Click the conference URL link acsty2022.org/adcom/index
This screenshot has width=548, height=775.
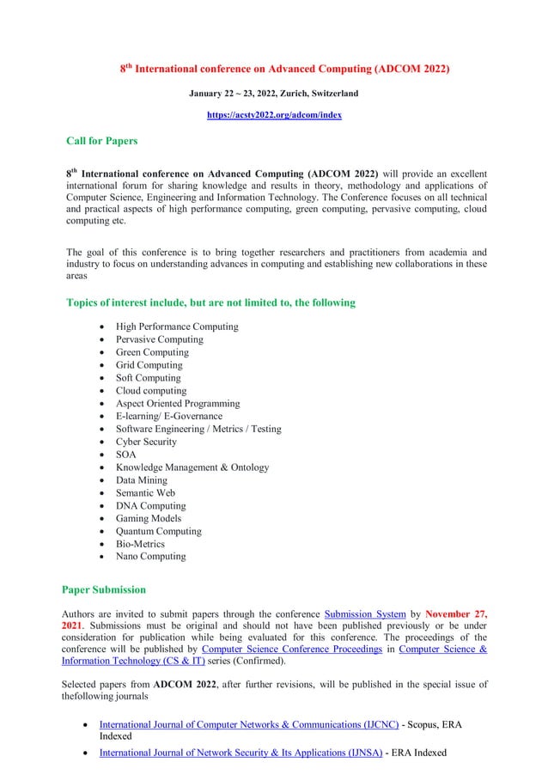(274, 115)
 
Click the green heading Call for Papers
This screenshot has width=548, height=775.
(101, 141)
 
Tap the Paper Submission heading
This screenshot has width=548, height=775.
(104, 589)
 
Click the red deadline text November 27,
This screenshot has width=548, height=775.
(456, 613)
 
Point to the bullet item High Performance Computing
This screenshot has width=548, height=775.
(177, 326)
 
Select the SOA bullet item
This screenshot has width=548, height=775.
(126, 455)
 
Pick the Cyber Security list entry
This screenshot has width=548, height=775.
(147, 442)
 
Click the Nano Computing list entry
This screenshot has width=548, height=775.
(151, 556)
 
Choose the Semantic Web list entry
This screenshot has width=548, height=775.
(146, 492)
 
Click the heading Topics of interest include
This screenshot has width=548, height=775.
(210, 302)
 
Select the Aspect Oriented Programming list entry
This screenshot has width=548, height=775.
(178, 403)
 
